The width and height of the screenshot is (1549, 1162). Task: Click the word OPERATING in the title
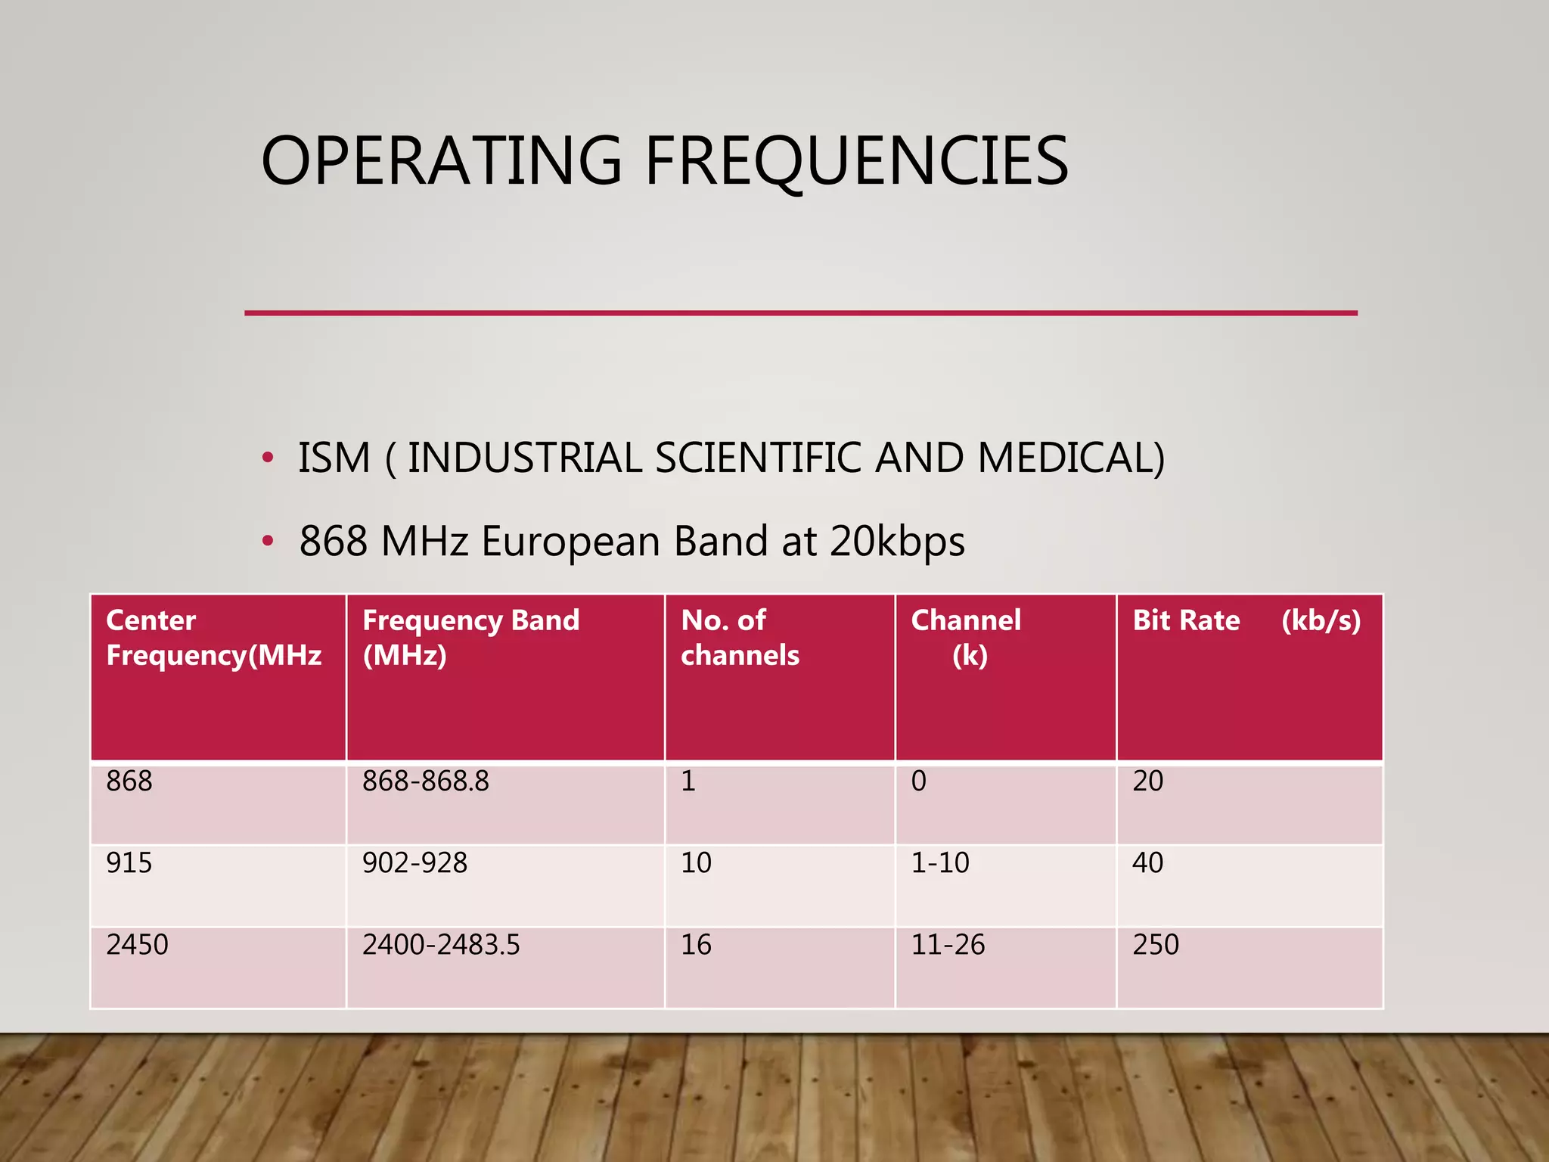coord(441,160)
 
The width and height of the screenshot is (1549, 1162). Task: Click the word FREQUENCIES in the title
coord(856,160)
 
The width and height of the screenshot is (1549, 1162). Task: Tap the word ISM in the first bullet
coord(334,458)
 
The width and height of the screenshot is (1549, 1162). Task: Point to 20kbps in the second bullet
coord(897,542)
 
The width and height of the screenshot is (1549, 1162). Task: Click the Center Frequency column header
coord(213,638)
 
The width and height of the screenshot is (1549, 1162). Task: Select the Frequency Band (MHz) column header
coord(470,638)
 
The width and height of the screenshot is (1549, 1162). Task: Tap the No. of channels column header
coord(739,638)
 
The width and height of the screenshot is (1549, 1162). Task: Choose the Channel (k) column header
coord(966,638)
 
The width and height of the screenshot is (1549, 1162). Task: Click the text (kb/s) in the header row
coord(1321,620)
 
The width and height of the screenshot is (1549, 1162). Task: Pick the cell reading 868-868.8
coord(425,781)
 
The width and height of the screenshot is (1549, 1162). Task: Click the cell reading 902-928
coord(414,863)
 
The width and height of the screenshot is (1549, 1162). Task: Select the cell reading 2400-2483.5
coord(441,945)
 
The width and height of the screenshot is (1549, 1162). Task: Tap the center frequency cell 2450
coord(137,945)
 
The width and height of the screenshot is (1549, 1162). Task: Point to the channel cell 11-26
coord(948,945)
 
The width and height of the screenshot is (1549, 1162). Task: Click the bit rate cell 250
coord(1155,945)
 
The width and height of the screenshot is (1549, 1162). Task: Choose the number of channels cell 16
coord(696,945)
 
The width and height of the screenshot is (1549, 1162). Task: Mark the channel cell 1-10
coord(939,863)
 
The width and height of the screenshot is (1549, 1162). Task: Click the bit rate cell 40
coord(1147,863)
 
